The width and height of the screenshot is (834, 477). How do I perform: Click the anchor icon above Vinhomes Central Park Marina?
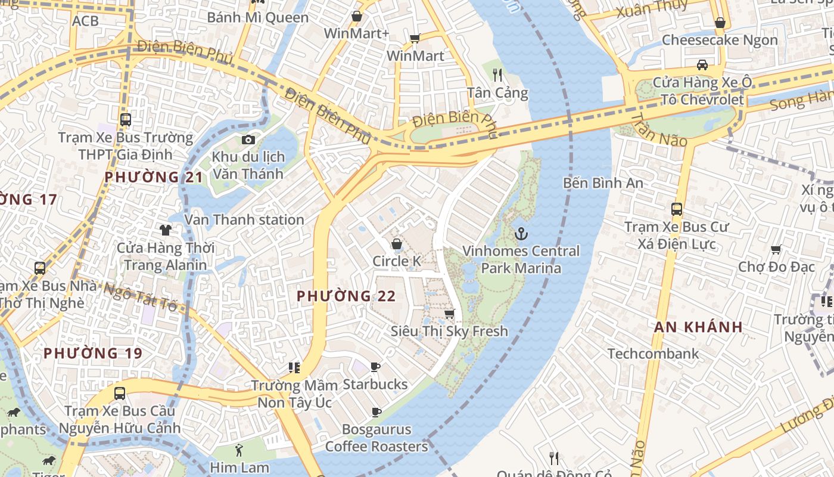[x=521, y=233]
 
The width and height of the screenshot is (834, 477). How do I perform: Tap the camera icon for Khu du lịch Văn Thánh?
[x=248, y=140]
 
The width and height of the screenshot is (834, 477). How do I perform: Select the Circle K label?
[x=397, y=261]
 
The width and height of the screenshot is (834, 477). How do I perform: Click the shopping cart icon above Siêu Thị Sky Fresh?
[x=450, y=314]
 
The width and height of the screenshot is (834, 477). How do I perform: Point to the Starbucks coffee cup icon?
[x=375, y=367]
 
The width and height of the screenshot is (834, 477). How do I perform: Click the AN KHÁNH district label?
[x=698, y=327]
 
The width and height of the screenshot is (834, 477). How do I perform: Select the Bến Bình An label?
[x=603, y=182]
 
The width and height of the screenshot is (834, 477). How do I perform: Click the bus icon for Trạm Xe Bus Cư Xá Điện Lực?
[x=676, y=209]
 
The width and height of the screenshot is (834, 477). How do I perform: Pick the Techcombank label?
[x=653, y=354]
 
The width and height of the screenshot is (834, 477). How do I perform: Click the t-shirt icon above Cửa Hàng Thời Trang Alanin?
[x=165, y=230]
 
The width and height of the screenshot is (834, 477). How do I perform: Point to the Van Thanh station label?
[x=244, y=219]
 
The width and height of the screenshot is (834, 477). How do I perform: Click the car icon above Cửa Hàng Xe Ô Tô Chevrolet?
[x=702, y=65]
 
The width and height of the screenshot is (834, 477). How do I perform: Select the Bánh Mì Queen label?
[x=258, y=17]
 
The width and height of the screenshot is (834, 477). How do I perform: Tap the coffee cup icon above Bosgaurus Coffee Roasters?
[x=376, y=412]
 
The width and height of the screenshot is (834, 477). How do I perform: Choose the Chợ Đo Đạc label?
[x=776, y=267]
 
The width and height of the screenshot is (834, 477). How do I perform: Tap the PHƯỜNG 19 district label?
[x=93, y=353]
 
